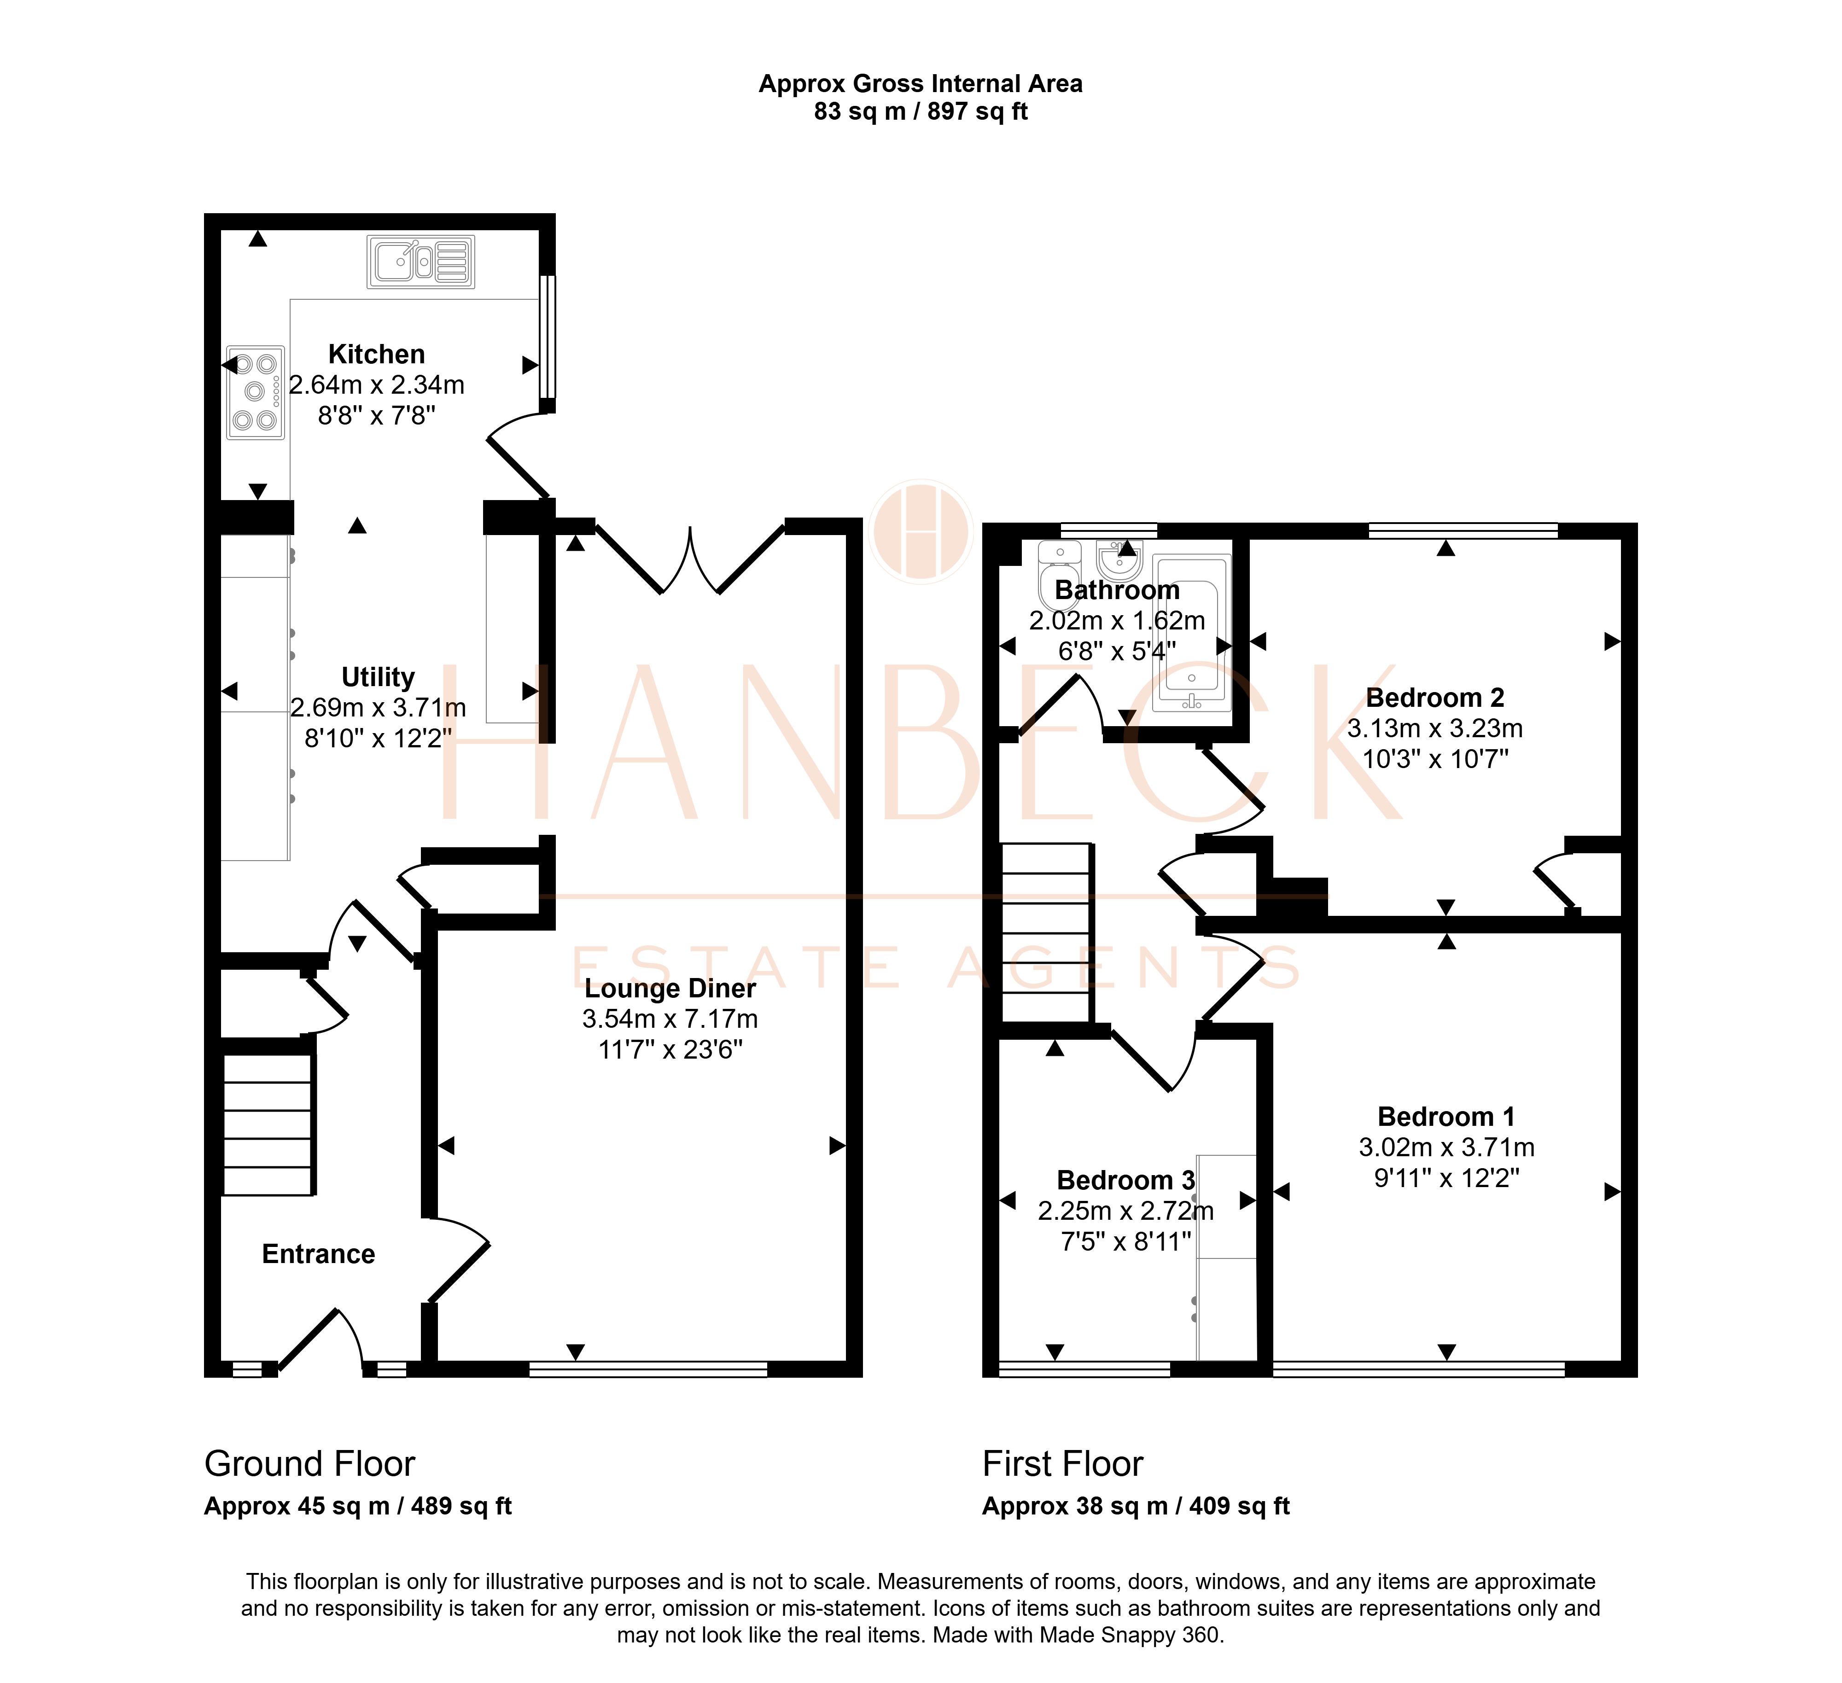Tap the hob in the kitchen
tap(255, 393)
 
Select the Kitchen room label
tap(376, 355)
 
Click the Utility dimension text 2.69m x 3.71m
tap(378, 708)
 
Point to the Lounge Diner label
tap(670, 989)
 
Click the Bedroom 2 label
tap(1434, 698)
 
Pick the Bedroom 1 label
tap(1446, 1117)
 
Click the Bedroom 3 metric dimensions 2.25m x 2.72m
tap(1125, 1211)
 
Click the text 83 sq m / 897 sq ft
tap(921, 111)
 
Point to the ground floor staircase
tap(268, 1125)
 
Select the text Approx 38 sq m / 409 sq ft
tap(1136, 1507)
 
